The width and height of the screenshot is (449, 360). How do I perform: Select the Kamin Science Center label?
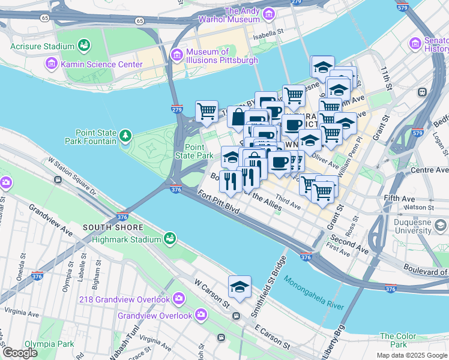coord(92,63)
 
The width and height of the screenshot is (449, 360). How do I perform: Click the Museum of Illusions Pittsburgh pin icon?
coord(176,56)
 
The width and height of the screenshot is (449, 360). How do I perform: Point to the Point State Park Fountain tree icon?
coord(125,137)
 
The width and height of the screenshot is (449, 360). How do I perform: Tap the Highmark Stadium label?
coord(125,239)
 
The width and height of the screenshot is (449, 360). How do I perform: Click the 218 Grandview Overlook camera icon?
coord(179,298)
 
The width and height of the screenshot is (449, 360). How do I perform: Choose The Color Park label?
coord(394,340)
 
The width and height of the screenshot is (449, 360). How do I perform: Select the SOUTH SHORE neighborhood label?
coord(113,227)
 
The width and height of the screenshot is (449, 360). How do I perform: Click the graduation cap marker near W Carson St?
coord(240,287)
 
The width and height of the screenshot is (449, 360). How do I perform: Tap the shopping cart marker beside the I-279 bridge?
coord(206,112)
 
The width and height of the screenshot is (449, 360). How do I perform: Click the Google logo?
coord(20,353)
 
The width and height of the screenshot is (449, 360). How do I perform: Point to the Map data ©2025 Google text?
coord(412,355)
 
